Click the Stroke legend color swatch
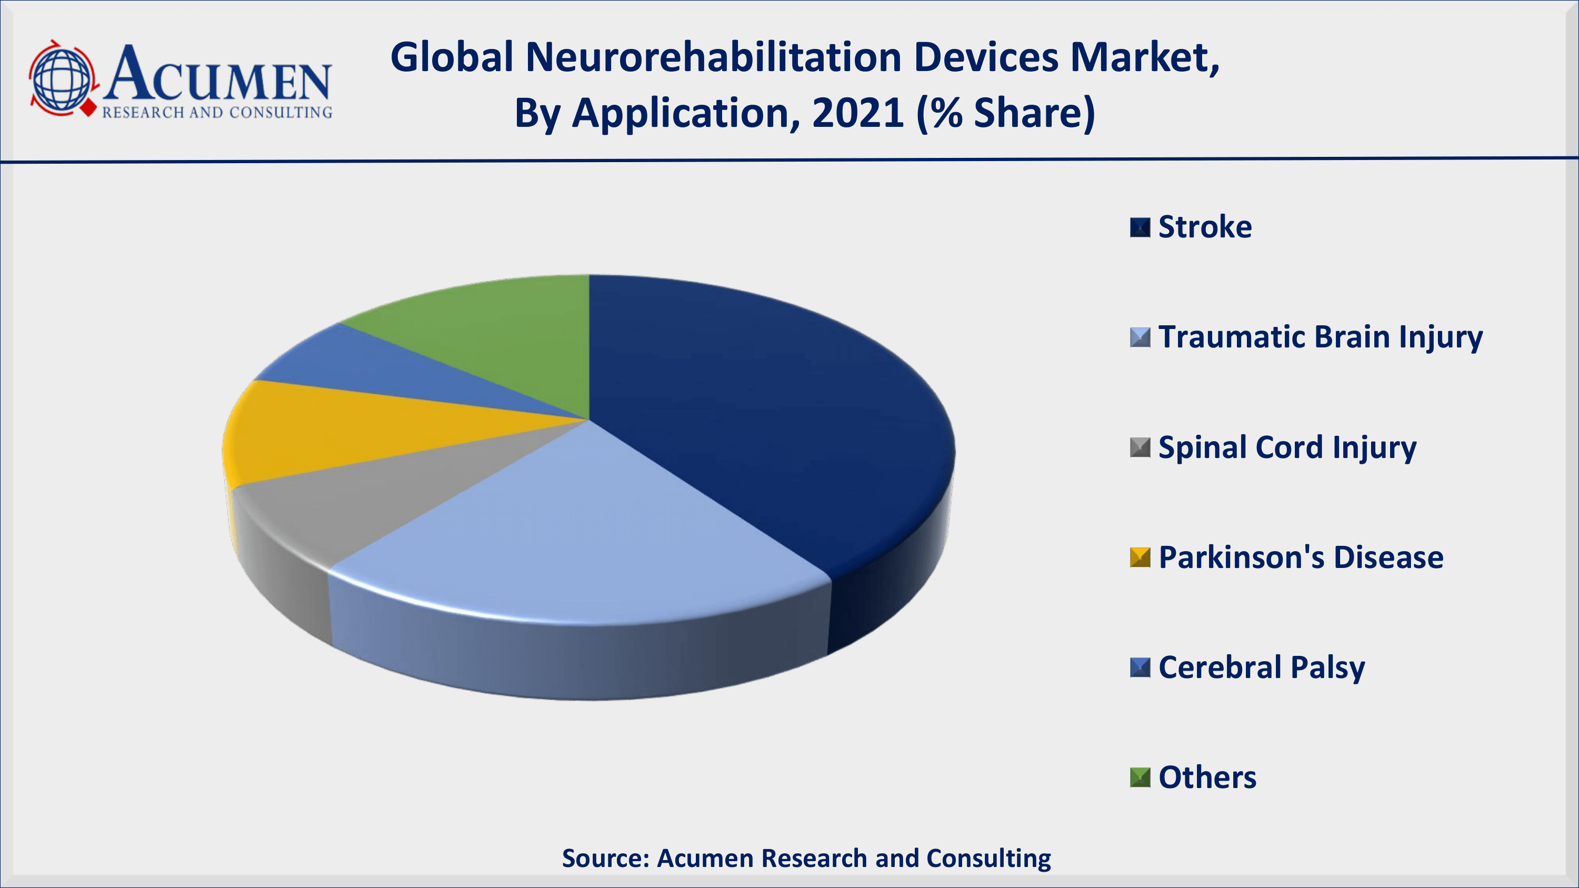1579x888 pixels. click(1140, 227)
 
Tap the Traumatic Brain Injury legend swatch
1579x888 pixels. click(1140, 337)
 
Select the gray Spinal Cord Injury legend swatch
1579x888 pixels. click(1140, 447)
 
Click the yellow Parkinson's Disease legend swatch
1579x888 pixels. click(1140, 557)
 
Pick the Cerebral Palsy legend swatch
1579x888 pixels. click(1140, 667)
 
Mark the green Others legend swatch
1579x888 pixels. click(1140, 777)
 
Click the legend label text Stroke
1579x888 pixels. click(1205, 227)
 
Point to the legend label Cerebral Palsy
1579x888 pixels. click(1262, 668)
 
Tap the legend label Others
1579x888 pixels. click(1207, 777)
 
